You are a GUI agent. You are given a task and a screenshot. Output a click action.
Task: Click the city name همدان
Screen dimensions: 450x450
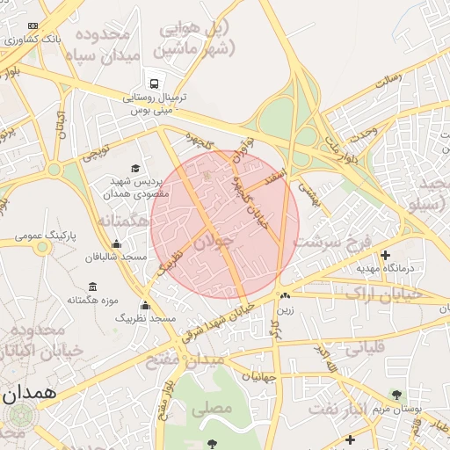[x=29, y=393]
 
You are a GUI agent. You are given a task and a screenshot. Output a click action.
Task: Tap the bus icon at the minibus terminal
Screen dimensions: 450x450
[x=155, y=83]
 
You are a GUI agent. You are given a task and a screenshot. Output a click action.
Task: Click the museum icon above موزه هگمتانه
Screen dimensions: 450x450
[x=93, y=287]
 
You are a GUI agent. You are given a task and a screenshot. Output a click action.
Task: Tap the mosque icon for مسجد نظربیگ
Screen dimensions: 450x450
[x=145, y=305]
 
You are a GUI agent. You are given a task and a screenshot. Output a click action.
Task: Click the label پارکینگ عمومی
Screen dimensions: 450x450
[x=42, y=237]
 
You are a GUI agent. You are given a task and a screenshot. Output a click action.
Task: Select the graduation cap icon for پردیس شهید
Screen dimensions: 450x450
[x=135, y=168]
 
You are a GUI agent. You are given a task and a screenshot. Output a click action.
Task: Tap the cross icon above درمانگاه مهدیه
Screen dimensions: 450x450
[x=385, y=254]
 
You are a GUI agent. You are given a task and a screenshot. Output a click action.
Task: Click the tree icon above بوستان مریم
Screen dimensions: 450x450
[x=396, y=394]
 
